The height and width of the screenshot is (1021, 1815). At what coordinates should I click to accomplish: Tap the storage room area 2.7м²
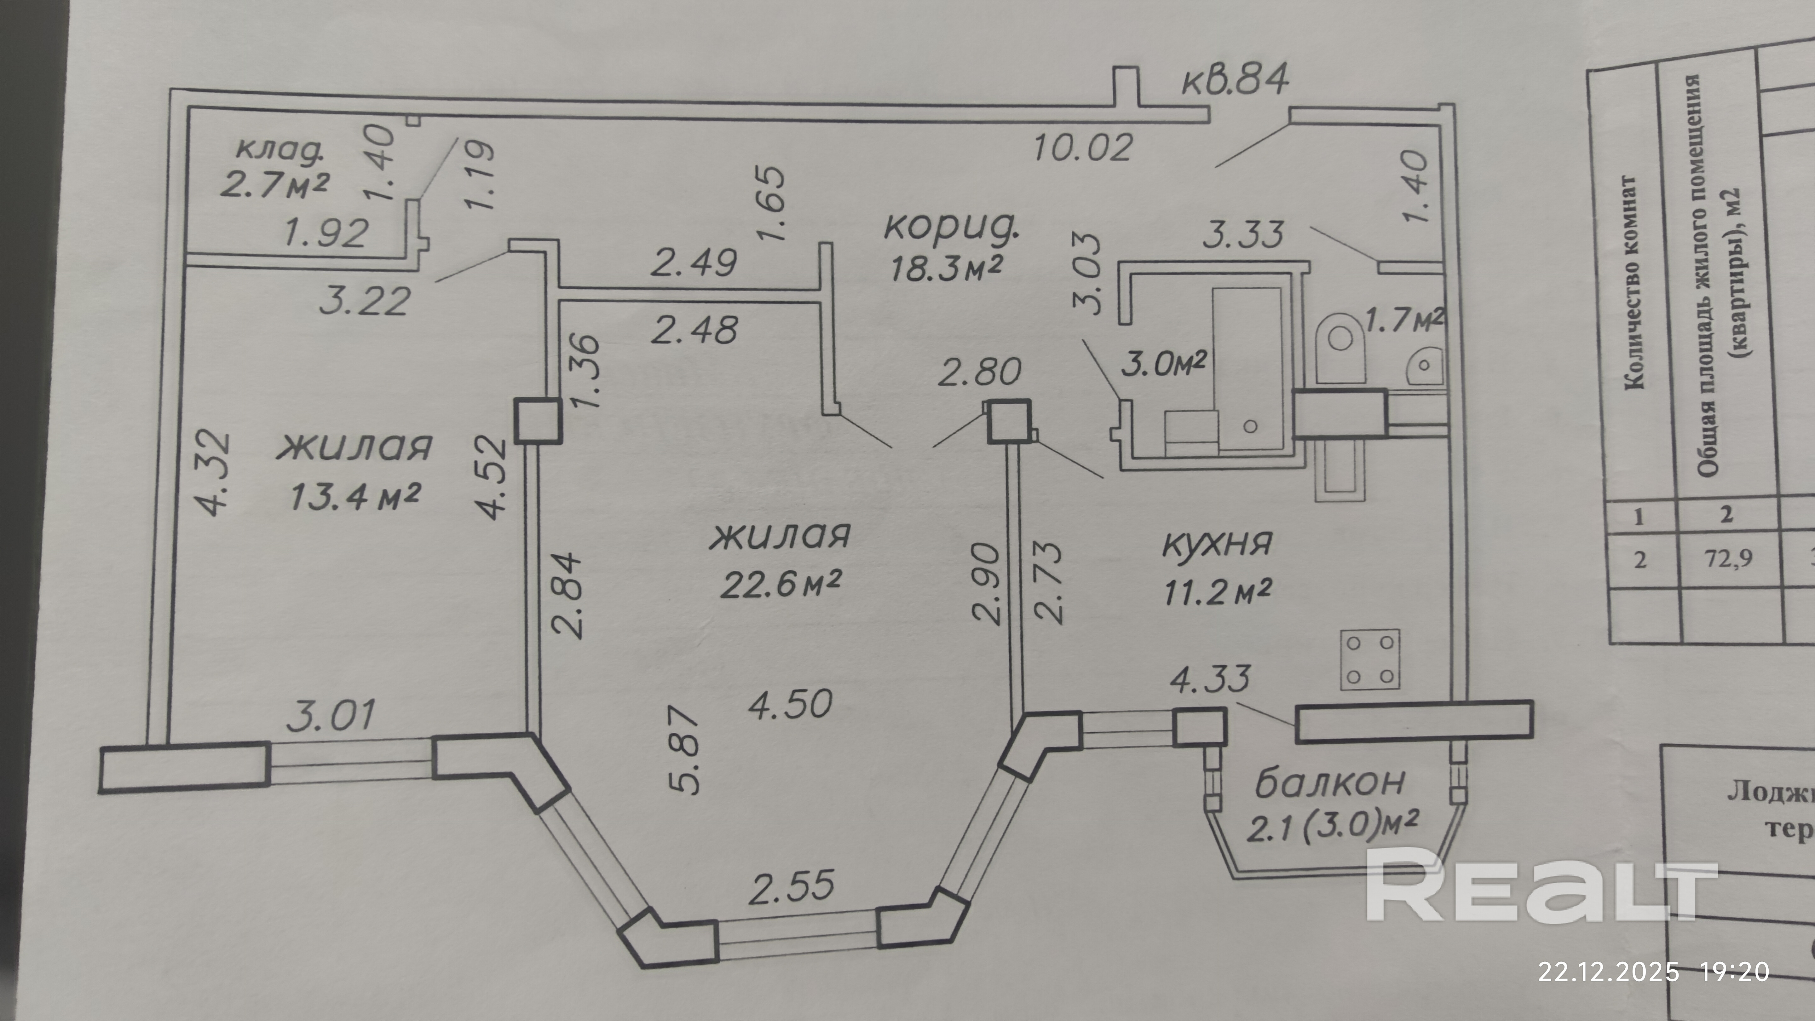click(x=275, y=185)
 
